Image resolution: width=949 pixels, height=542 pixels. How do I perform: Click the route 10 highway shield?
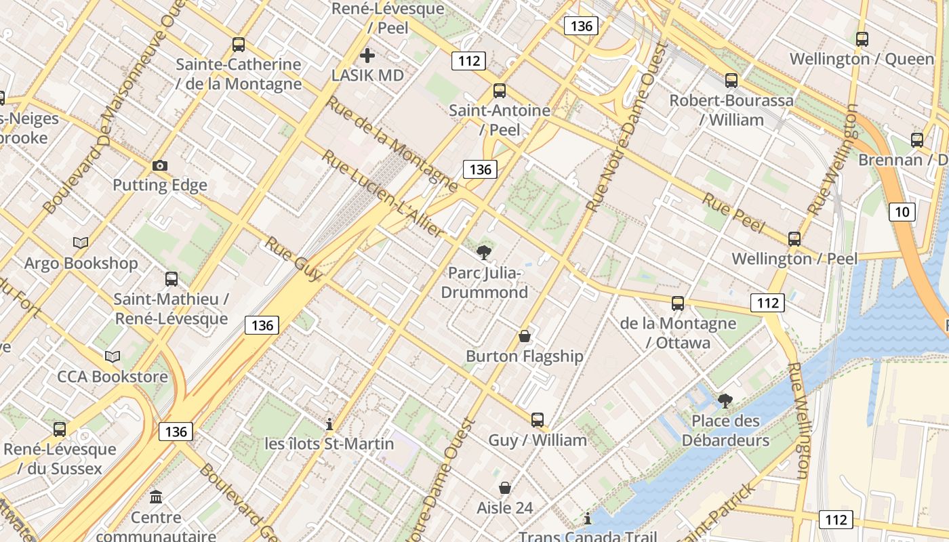[902, 212]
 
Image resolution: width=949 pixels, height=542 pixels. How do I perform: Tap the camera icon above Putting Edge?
[160, 165]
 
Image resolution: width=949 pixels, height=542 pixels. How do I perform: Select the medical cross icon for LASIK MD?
[367, 56]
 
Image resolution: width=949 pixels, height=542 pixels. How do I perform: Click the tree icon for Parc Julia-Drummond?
[484, 253]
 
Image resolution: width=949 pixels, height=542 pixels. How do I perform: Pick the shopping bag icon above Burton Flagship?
[524, 336]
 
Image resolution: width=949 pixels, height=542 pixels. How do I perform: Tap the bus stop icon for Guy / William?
[538, 420]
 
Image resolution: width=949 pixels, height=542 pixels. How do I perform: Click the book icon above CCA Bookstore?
[113, 356]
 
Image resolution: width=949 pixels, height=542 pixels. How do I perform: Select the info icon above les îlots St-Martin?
[329, 424]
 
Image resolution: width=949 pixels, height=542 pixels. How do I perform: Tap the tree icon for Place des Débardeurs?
[725, 401]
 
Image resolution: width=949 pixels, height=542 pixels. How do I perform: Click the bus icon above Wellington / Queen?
[862, 39]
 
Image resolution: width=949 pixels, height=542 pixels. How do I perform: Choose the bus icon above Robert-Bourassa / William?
[731, 81]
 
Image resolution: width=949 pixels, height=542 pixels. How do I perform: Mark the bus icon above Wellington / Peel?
[794, 239]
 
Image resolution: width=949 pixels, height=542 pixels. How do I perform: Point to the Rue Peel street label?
[733, 213]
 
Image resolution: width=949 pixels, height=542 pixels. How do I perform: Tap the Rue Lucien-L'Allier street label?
[383, 194]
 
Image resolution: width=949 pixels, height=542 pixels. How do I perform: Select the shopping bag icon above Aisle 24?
[505, 488]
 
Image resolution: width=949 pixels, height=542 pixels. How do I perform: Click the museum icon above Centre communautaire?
[157, 497]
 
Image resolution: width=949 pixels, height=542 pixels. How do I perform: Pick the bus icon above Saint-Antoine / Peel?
[500, 90]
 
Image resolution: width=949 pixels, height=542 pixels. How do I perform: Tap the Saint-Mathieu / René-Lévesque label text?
[171, 308]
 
